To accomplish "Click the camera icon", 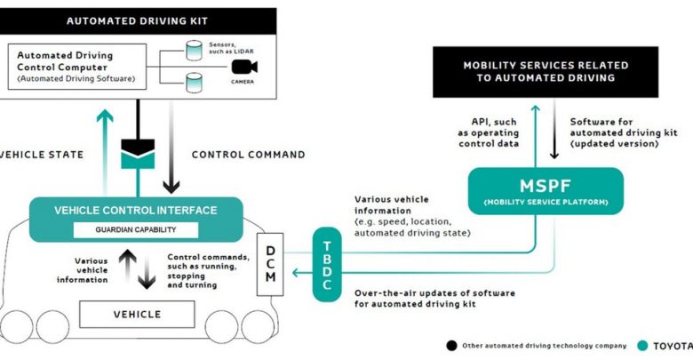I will click(243, 68).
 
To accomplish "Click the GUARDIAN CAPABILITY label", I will click(135, 230).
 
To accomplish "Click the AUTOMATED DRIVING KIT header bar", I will click(137, 18).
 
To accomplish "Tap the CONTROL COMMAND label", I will click(249, 155).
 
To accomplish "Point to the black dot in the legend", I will click(451, 345).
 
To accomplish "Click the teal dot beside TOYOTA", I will click(641, 345).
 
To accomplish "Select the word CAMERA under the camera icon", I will click(243, 81).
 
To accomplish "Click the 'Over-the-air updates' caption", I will click(434, 299).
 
